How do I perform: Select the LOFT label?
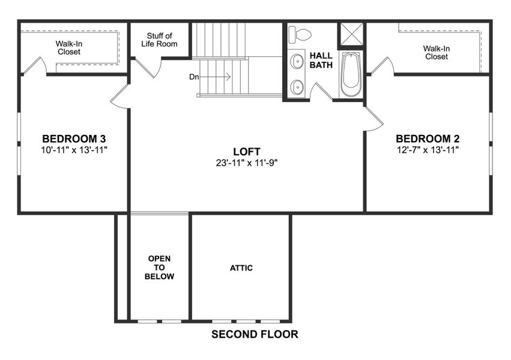tap(247, 151)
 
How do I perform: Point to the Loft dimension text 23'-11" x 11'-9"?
tap(247, 162)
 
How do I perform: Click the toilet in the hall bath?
tap(299, 35)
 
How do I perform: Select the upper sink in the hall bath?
tap(297, 62)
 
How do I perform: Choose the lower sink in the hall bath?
tap(297, 87)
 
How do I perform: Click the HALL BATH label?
tap(321, 60)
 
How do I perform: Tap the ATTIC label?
tap(241, 268)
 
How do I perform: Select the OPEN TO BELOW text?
tap(160, 268)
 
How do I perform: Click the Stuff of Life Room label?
tap(159, 40)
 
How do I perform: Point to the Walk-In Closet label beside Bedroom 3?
tap(68, 47)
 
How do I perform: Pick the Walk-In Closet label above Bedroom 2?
tap(436, 53)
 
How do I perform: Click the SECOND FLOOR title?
tap(255, 335)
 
